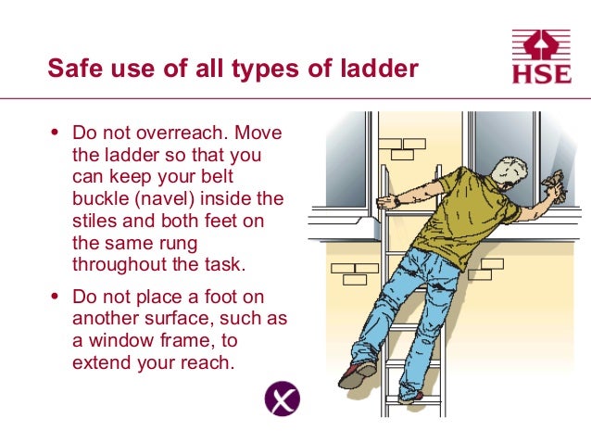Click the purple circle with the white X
(x=282, y=400)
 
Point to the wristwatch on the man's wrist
(x=396, y=201)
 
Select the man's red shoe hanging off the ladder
(x=356, y=373)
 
